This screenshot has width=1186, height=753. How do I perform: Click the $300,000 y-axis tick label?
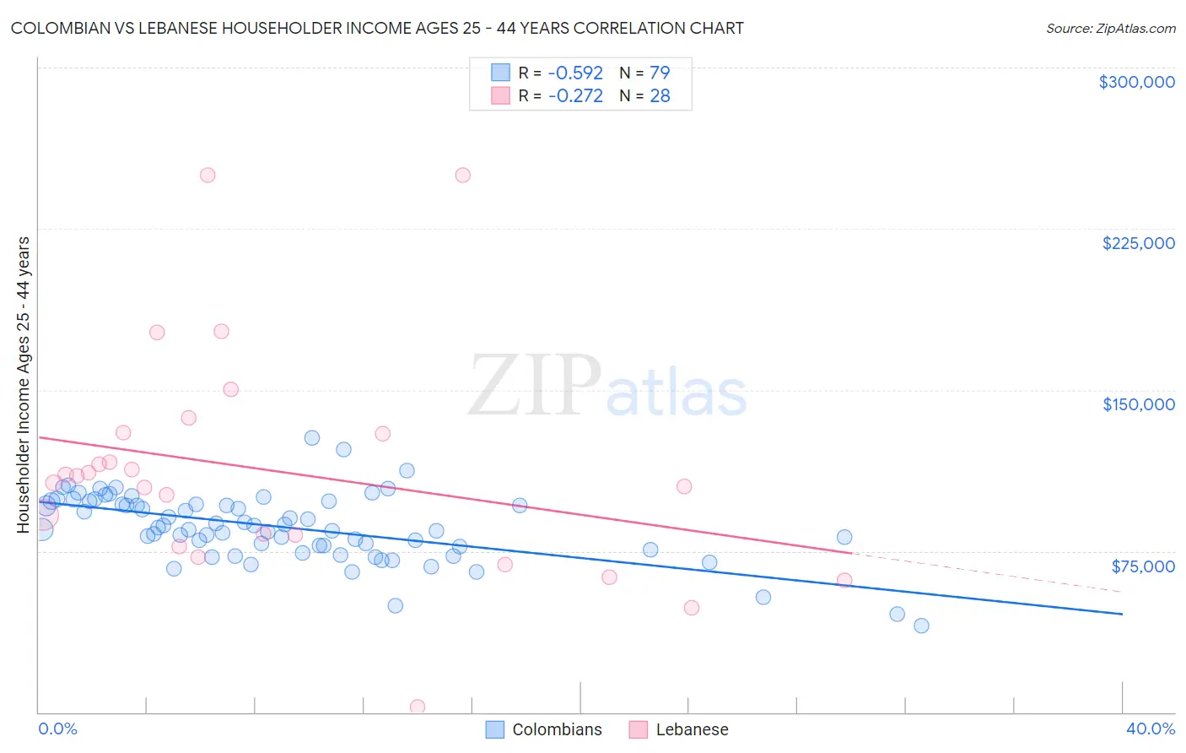pos(1136,82)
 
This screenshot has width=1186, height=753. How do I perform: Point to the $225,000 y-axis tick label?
pos(1138,243)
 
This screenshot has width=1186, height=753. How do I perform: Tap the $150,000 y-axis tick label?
pos(1138,404)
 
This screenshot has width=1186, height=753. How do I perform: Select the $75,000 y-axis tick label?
pos(1142,566)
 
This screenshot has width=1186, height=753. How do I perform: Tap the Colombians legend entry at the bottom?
pos(545,729)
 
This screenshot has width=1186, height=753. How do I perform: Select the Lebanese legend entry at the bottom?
pos(679,729)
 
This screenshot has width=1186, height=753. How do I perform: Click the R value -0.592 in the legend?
pos(575,73)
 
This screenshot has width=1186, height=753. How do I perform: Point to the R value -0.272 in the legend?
pos(575,96)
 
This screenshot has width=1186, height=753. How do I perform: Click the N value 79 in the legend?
pos(660,73)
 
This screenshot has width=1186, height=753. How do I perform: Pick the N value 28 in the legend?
pos(660,96)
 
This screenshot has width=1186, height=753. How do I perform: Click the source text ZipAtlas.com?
pos(1134,29)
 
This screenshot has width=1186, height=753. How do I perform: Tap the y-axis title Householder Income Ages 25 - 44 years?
pos(24,385)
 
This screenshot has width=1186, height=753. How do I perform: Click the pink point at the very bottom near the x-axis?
pos(417,707)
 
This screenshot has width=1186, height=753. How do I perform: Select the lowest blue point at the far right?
pos(921,626)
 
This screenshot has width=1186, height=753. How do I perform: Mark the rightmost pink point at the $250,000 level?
pos(462,176)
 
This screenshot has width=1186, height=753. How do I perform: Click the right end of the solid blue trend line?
pos(1121,614)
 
